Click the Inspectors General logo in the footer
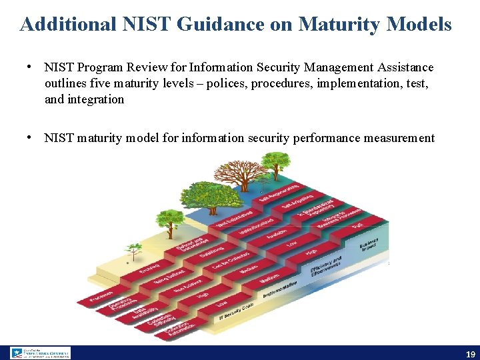click(40, 353)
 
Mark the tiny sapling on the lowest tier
click(135, 250)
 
